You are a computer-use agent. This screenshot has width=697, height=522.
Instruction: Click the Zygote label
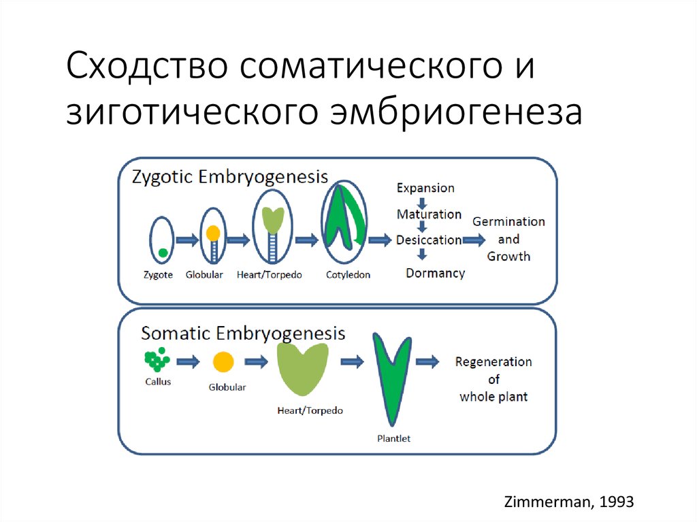tap(158, 276)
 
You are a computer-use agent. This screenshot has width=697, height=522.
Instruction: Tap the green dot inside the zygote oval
tap(163, 253)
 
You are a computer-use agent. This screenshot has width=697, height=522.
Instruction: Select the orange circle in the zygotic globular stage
tap(213, 233)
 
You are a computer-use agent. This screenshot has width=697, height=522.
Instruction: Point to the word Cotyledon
tap(348, 276)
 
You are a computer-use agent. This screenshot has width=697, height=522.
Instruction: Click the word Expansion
tap(425, 188)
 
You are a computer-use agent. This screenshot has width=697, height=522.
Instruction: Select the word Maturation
tap(429, 214)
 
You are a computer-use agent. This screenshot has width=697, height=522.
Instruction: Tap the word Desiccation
tap(429, 240)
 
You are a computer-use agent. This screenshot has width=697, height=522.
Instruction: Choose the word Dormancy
tap(435, 273)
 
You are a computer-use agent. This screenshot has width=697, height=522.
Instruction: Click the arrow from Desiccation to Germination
tap(474, 240)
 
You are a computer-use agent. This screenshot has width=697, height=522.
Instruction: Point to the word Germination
tap(508, 222)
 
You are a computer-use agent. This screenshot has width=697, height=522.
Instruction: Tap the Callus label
tap(158, 382)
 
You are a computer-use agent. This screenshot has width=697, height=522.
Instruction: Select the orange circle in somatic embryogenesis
tap(223, 362)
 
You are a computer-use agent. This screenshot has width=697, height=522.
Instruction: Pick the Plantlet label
tap(393, 439)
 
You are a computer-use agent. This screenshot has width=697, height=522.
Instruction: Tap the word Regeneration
tap(493, 362)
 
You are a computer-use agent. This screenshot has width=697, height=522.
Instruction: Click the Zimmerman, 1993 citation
tap(568, 502)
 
